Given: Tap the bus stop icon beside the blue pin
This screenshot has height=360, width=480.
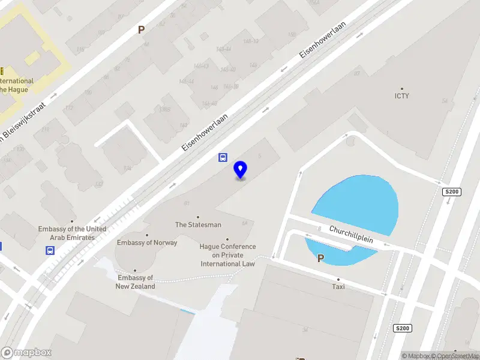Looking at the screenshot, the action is pos(222,158).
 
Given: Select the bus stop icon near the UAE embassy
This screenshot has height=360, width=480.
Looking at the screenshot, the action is pos(51,251).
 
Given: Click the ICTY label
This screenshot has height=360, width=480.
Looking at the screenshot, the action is pos(401,96).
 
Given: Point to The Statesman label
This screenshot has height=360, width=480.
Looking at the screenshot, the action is pos(198,225).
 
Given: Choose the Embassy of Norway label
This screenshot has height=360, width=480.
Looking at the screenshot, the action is pos(147,242).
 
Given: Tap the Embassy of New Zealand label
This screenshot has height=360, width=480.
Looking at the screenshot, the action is pos(136,282).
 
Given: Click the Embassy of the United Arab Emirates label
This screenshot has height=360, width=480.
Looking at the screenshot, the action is pos(72,233).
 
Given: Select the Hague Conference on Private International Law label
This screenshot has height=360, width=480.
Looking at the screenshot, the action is pos(227,255).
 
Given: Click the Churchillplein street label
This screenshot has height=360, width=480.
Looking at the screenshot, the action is pos(351,234).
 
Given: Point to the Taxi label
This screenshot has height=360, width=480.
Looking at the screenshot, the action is pos(338,287).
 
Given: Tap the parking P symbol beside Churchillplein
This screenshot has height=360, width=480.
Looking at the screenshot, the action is pos(320,259).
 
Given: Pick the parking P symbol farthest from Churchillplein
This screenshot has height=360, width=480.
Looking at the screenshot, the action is pos(142,29).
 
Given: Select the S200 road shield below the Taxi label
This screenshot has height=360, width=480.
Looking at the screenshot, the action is pos(402,328).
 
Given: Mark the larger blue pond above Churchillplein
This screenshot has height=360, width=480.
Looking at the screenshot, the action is pos(358,201).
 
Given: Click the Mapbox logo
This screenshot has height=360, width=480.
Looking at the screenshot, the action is pos(26,352).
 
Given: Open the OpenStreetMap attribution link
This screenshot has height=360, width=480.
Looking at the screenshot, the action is pos(456,356).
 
